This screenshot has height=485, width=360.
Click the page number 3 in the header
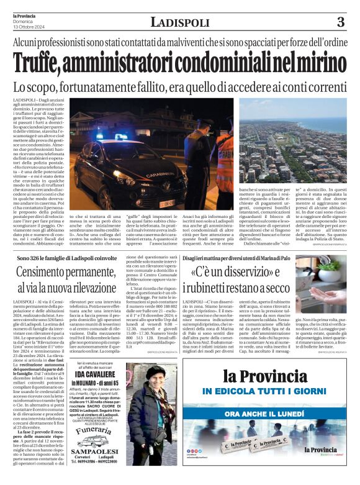point(341,22)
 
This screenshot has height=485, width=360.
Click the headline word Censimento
point(51,271)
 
